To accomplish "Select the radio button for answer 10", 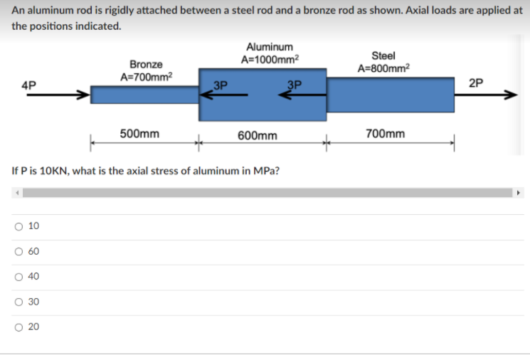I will point(16,226).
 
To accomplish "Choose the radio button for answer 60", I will point(16,252).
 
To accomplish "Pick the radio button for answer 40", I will point(16,277).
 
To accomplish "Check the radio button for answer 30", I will point(16,302).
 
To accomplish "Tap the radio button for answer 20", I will point(16,327).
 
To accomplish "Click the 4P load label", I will point(29,84).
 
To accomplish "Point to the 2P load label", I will point(477,83).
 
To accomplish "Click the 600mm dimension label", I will point(258,134).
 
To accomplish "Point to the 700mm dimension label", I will point(386,133).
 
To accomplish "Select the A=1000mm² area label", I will point(270,59).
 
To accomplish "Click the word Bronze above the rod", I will point(146,64).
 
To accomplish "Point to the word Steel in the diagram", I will point(384,55).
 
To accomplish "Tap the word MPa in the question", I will point(271,171).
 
